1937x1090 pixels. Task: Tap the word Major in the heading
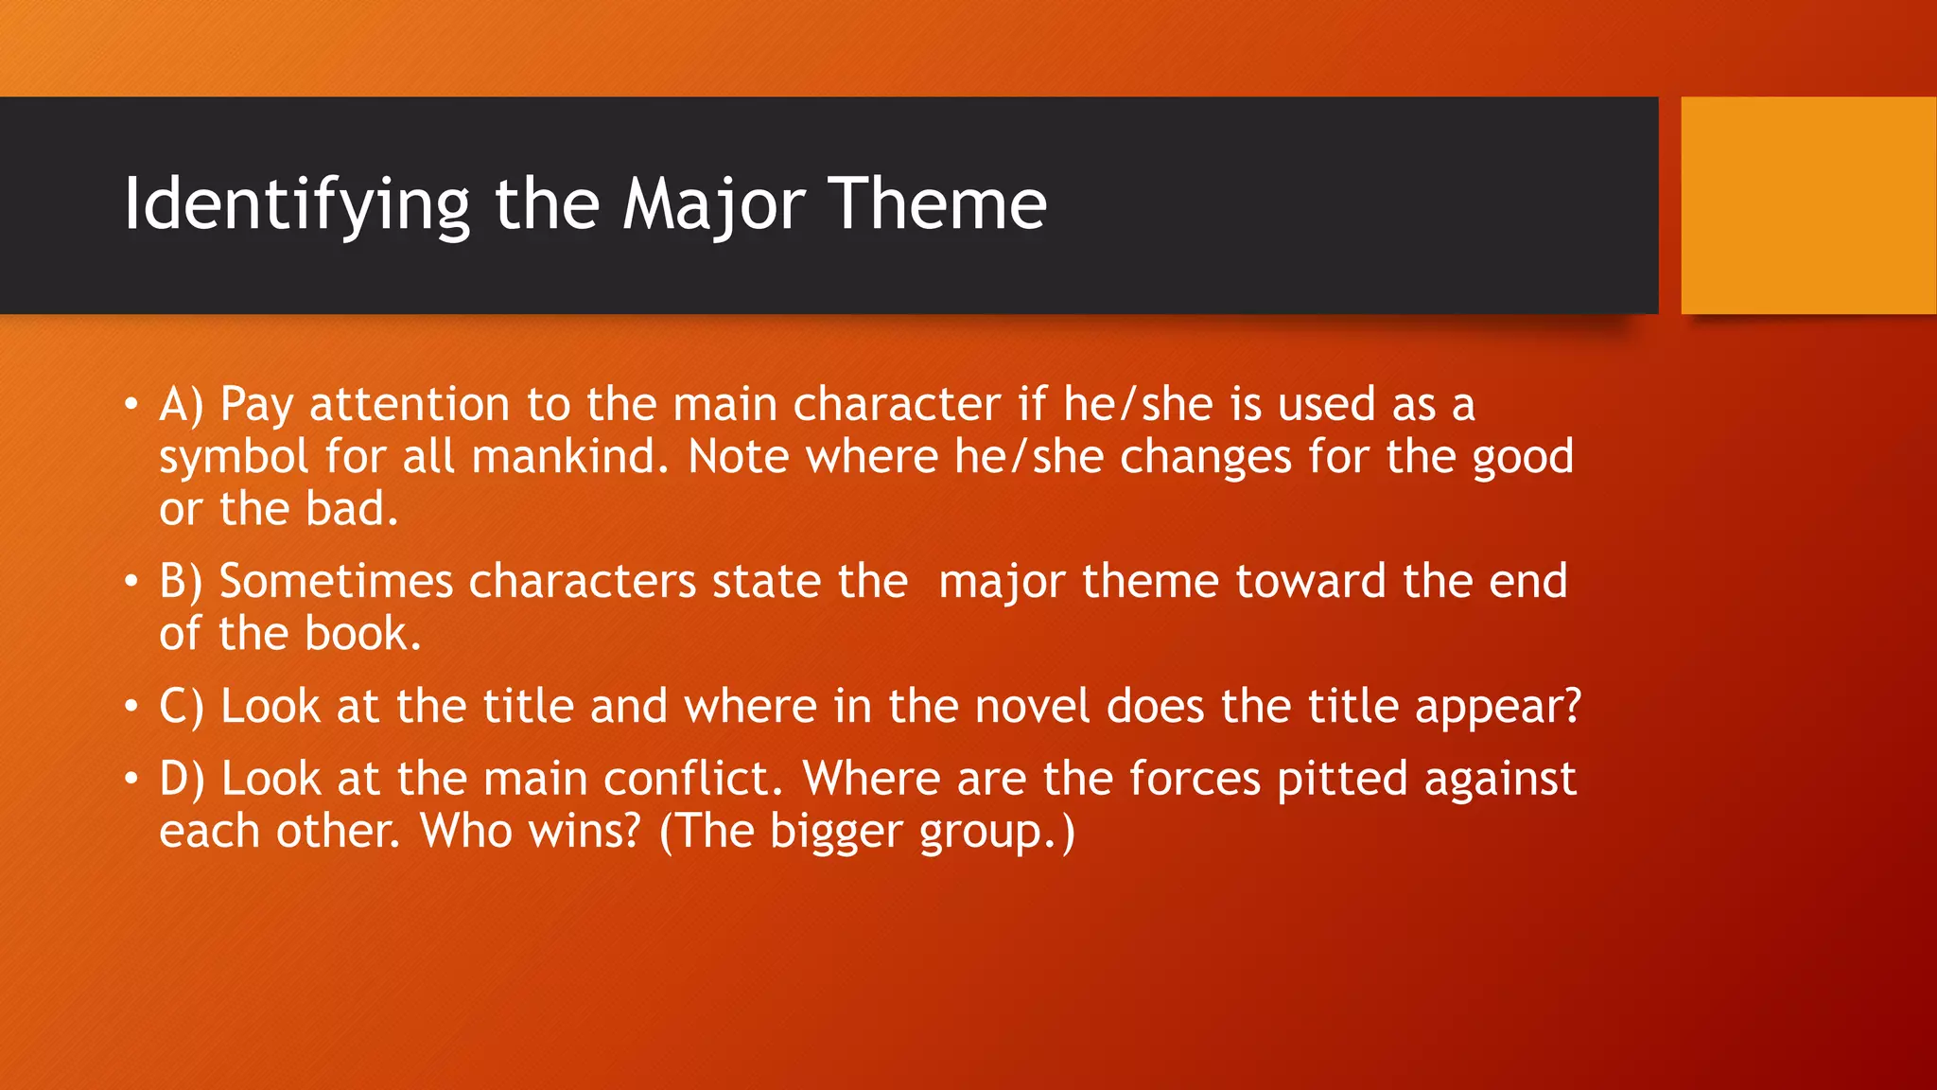pos(713,204)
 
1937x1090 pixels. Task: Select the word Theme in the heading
pos(937,204)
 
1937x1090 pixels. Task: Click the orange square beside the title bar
pos(1807,205)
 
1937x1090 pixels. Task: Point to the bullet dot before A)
pos(131,406)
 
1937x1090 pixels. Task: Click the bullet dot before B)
pos(131,582)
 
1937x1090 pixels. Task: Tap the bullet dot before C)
pos(131,707)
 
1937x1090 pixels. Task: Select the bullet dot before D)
pos(131,780)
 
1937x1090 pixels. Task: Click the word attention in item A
pos(410,405)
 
